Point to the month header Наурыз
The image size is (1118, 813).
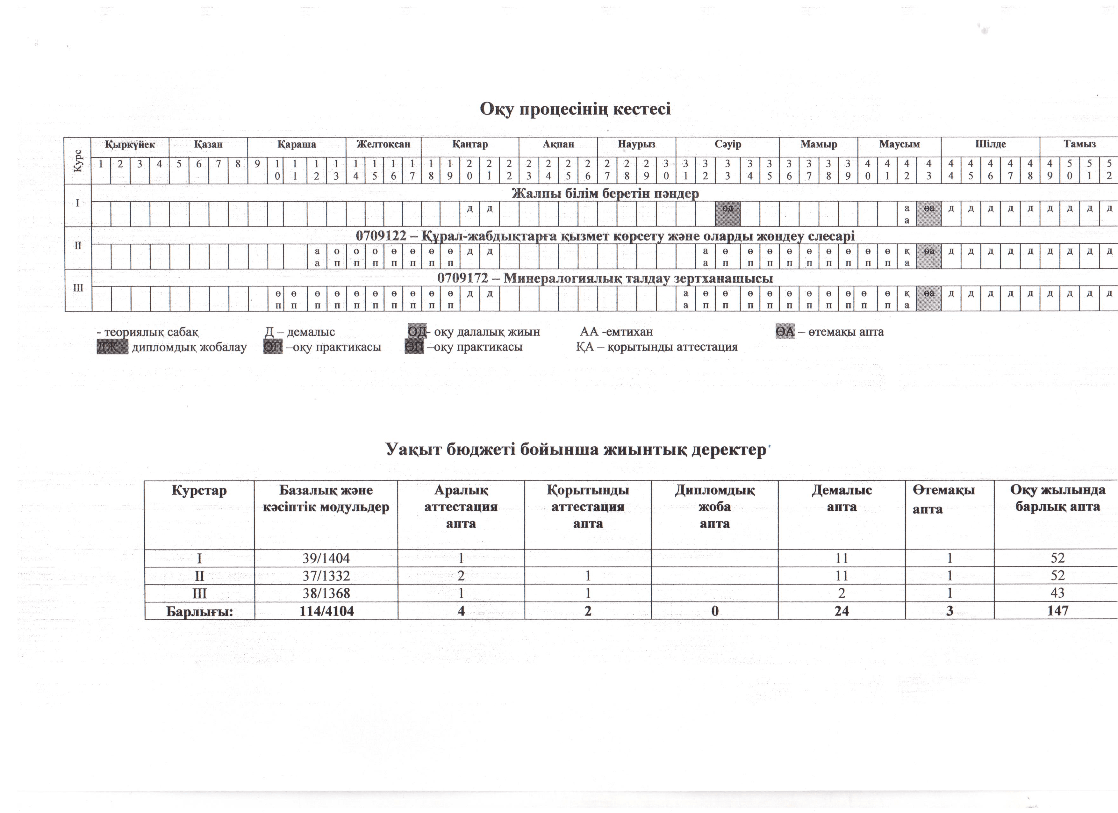(636, 144)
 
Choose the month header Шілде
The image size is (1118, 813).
(990, 144)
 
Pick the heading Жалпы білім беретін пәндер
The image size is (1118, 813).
(605, 193)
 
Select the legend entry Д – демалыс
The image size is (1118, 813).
(300, 332)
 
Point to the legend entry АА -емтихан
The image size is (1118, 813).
(616, 332)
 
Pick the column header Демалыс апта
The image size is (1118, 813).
(842, 499)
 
